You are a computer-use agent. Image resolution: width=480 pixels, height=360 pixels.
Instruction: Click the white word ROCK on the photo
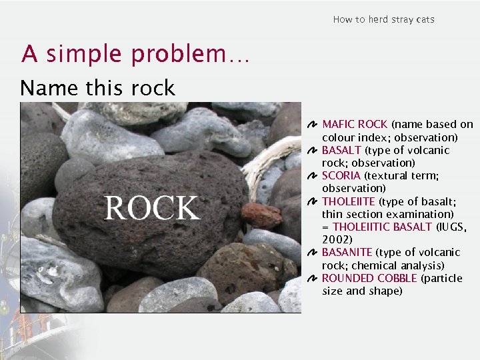(x=152, y=207)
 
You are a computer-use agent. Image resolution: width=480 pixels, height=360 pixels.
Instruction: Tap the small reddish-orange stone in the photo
(x=261, y=215)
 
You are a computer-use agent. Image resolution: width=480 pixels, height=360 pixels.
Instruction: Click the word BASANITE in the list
(x=347, y=252)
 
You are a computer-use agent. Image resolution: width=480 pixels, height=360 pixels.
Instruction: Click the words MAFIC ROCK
(x=355, y=124)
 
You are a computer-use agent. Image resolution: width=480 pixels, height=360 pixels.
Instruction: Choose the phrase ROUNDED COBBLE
(x=369, y=278)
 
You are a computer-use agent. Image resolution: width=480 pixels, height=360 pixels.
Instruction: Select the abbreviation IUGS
(x=452, y=227)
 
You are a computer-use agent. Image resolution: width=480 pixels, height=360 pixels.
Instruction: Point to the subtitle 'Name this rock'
(x=97, y=88)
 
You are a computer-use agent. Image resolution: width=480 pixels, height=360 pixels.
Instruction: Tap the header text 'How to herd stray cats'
(x=383, y=19)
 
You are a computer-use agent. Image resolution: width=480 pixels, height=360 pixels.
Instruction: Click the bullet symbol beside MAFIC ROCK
(x=313, y=125)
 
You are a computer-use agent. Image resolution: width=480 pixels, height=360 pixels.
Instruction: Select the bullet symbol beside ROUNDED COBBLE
(x=313, y=279)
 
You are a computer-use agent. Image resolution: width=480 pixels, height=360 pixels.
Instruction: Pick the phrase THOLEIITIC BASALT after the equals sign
(x=382, y=227)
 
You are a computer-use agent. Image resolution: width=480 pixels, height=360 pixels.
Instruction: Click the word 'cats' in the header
(x=425, y=19)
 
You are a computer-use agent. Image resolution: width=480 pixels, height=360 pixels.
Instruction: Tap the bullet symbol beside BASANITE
(x=313, y=253)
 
